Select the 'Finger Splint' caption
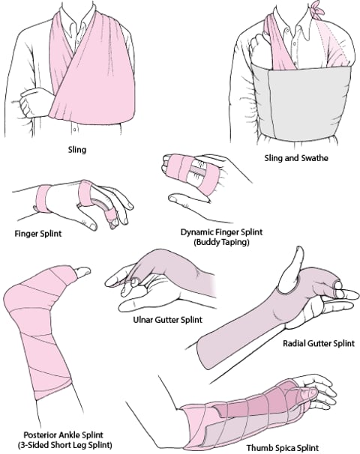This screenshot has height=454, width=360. [37, 234]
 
